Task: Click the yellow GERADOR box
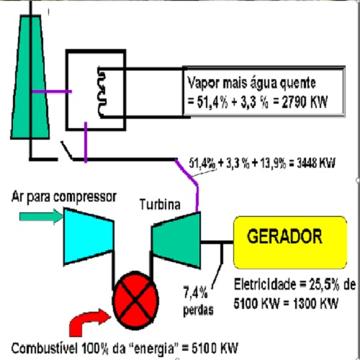[x=290, y=243]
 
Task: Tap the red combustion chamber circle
[x=135, y=300]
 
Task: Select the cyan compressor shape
[x=89, y=236]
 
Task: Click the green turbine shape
[x=176, y=240]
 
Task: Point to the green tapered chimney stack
[x=30, y=77]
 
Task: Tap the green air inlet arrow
[x=41, y=217]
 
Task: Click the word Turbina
[x=160, y=204]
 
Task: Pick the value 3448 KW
[x=316, y=163]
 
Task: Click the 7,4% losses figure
[x=196, y=293]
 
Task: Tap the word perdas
[x=198, y=310]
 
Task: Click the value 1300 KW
[x=315, y=303]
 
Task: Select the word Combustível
[x=45, y=348]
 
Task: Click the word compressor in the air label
[x=85, y=197]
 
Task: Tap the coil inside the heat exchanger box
[x=102, y=92]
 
